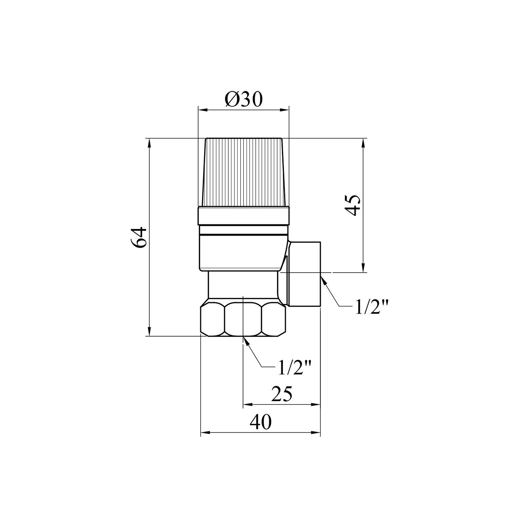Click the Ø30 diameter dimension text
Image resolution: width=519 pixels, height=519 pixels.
pyautogui.click(x=244, y=100)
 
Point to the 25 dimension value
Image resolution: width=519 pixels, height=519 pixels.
pyautogui.click(x=282, y=394)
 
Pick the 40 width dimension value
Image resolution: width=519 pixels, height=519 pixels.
pyautogui.click(x=261, y=422)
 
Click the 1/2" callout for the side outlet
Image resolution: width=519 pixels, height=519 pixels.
pyautogui.click(x=372, y=307)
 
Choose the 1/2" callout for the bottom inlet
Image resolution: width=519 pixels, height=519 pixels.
pyautogui.click(x=295, y=368)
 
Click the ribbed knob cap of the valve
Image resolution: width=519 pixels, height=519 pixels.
pyautogui.click(x=244, y=173)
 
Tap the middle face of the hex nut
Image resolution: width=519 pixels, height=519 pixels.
pyautogui.click(x=243, y=320)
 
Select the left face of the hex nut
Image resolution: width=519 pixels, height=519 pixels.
pyautogui.click(x=213, y=320)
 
